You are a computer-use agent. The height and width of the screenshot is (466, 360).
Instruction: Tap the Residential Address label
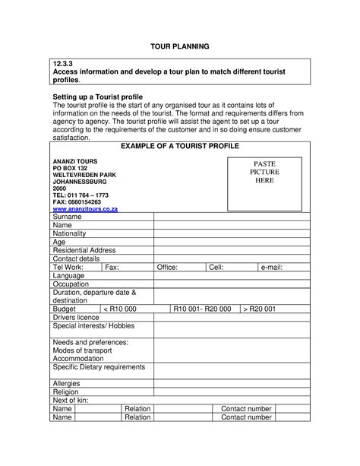click(x=84, y=250)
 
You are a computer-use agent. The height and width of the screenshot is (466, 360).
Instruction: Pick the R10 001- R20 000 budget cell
click(x=202, y=309)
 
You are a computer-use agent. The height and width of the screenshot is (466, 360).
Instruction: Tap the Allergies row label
click(x=67, y=384)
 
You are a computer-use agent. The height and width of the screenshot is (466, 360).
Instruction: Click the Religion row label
click(x=65, y=392)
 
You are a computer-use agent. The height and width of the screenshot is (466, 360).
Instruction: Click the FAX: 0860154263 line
click(x=76, y=201)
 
